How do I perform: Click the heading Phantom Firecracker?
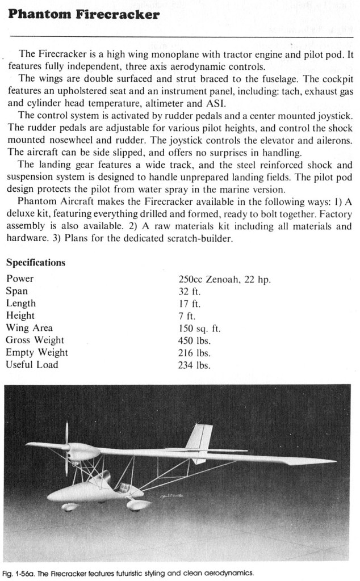(x=83, y=15)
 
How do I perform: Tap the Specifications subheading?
(x=35, y=263)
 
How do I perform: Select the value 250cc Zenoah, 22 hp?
(x=224, y=279)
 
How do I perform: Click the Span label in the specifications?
(x=16, y=291)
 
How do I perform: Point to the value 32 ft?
(x=190, y=292)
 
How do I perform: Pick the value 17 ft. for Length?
(x=190, y=304)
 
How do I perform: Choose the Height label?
(x=20, y=315)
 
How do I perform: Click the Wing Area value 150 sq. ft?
(x=199, y=329)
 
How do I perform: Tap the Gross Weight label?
(x=35, y=340)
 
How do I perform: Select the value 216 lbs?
(x=194, y=353)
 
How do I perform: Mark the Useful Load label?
(x=32, y=365)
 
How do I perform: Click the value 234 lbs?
(x=194, y=365)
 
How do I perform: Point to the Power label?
(x=20, y=279)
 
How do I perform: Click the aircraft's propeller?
(x=66, y=448)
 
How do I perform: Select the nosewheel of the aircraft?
(x=70, y=507)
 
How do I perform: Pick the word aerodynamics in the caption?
(x=226, y=572)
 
